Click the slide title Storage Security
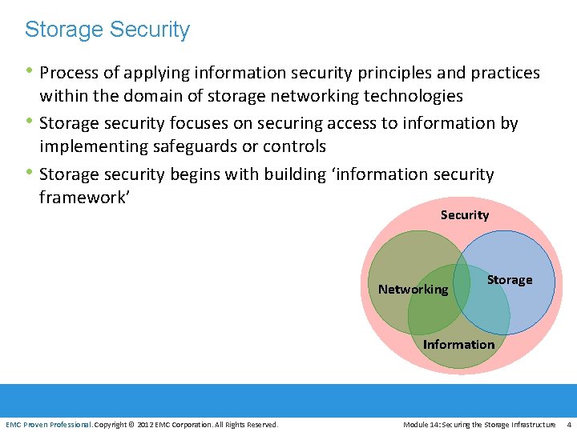tap(107, 30)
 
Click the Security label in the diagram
tap(465, 214)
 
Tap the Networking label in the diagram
tap(413, 289)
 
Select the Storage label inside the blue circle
tap(510, 279)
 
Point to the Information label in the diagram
tap(458, 344)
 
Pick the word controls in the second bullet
tap(295, 146)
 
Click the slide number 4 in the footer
tap(569, 424)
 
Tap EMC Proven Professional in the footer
tap(48, 424)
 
